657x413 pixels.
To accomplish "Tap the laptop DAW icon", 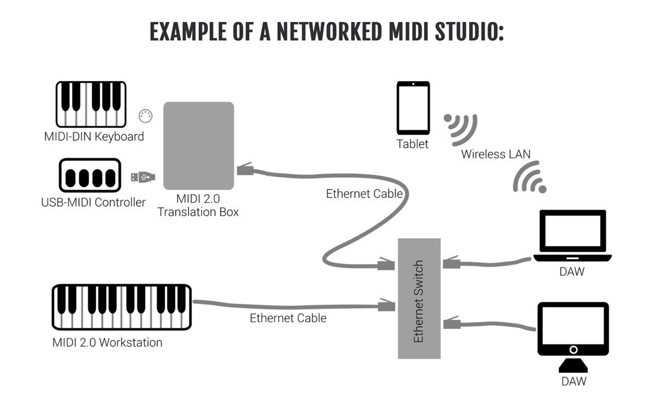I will [x=572, y=236].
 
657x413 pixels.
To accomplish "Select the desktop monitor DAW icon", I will [x=573, y=335].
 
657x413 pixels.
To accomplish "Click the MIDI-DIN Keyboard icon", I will [x=91, y=104].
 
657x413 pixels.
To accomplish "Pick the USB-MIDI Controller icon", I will [x=90, y=176].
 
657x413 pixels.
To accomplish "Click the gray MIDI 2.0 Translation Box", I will [x=199, y=146].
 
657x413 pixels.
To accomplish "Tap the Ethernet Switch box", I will [x=419, y=298].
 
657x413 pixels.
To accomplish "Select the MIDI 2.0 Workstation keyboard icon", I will [x=122, y=307].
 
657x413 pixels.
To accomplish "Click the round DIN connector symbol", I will [x=146, y=116].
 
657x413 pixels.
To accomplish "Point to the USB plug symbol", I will [x=142, y=177].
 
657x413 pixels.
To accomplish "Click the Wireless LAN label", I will [x=495, y=154].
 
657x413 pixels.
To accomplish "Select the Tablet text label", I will [x=413, y=144].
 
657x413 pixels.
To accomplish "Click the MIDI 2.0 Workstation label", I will [x=107, y=343].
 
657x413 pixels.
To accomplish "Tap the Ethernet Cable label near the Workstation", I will [x=288, y=318].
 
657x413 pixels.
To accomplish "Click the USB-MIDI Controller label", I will [x=94, y=202].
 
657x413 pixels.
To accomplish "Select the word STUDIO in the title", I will [x=469, y=31].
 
